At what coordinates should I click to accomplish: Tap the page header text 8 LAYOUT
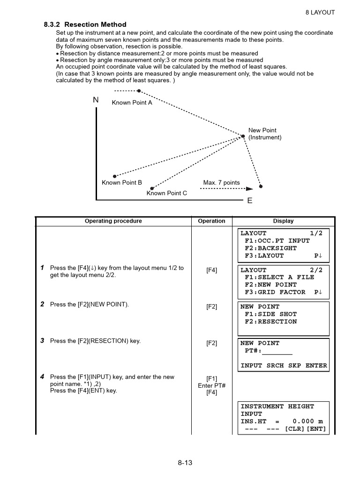(320, 12)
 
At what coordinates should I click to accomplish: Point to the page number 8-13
(185, 463)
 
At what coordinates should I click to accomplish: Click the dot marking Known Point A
(139, 91)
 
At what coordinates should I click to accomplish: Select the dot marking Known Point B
(114, 177)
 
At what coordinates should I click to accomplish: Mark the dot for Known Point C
(152, 188)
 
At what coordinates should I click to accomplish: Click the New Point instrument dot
(243, 136)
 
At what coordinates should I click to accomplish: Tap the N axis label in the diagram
(96, 100)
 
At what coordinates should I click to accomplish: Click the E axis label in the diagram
(249, 201)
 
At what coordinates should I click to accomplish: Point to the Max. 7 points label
(221, 182)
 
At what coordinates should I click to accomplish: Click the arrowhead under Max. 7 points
(249, 189)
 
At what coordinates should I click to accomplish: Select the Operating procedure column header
(113, 221)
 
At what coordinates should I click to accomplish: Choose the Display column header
(283, 221)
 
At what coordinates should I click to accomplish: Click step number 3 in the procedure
(42, 341)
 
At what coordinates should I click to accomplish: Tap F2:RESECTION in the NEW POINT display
(270, 322)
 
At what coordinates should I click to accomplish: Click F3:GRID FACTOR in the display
(275, 292)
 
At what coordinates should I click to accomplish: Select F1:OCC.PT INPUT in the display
(277, 240)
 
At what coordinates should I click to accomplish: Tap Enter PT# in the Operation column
(211, 385)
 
